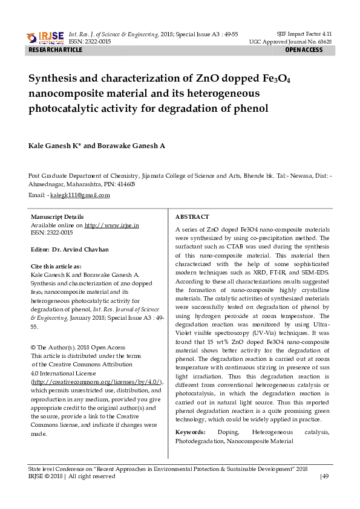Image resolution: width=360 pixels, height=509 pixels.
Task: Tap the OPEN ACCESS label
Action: click(304, 50)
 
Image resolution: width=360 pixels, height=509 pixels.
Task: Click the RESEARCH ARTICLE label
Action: click(56, 50)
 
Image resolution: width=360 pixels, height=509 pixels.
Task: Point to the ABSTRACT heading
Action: click(192, 216)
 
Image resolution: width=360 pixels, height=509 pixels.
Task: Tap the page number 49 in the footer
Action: click(325, 476)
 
